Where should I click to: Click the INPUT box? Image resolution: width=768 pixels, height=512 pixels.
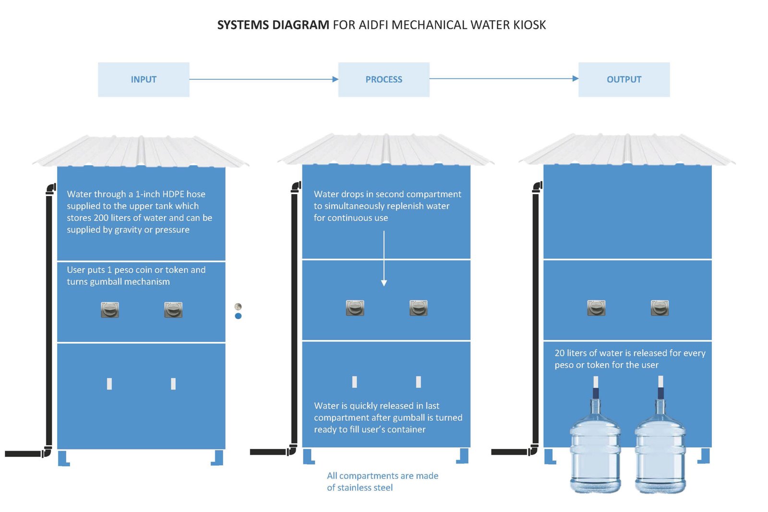click(144, 80)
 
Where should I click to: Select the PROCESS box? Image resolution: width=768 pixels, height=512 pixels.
click(384, 80)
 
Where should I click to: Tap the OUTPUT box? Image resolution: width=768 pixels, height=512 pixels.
click(624, 80)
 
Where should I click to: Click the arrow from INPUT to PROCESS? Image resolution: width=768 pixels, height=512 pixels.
click(264, 79)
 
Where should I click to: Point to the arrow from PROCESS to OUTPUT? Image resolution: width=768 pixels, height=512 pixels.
click(504, 79)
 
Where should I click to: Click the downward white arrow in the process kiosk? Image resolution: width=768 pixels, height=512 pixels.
click(384, 259)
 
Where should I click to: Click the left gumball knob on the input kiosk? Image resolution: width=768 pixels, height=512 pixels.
click(110, 310)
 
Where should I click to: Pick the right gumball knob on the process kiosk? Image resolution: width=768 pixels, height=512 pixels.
click(419, 308)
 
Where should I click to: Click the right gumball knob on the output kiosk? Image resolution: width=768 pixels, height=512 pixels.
click(660, 308)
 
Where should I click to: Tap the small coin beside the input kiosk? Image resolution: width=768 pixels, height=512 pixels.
click(238, 306)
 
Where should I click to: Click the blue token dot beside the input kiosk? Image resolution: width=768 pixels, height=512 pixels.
click(238, 316)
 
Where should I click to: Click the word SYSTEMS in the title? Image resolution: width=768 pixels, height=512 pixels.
click(243, 25)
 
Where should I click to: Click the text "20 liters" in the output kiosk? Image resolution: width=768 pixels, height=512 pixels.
click(574, 353)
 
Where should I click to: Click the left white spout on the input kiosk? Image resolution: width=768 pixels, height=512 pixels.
click(109, 384)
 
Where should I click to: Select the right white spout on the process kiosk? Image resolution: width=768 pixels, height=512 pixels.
click(419, 382)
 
